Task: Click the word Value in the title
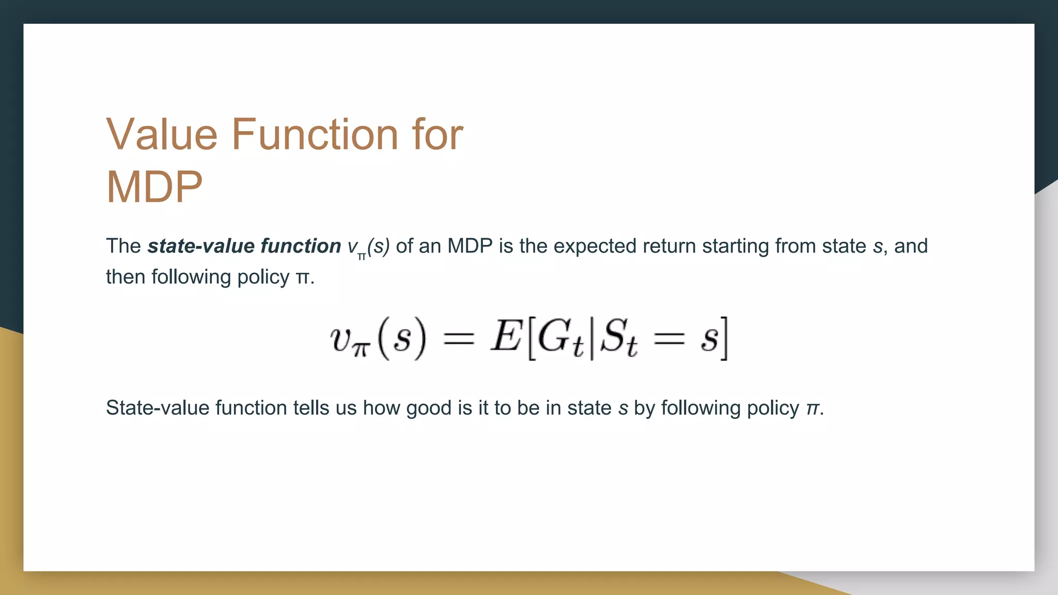pyautogui.click(x=162, y=134)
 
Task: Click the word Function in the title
pyautogui.click(x=315, y=134)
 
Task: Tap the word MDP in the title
pyautogui.click(x=154, y=187)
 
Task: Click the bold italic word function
pyautogui.click(x=301, y=246)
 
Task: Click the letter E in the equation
pyautogui.click(x=506, y=337)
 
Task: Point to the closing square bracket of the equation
pyautogui.click(x=724, y=339)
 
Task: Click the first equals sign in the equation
pyautogui.click(x=458, y=339)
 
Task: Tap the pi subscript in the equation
pyautogui.click(x=361, y=349)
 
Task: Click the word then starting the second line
pyautogui.click(x=126, y=277)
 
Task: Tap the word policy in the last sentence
pyautogui.click(x=773, y=408)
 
